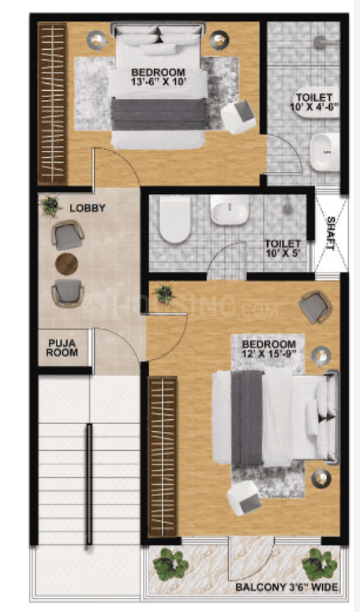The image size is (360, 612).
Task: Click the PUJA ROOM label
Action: (62, 347)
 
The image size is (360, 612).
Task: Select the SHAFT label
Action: (330, 232)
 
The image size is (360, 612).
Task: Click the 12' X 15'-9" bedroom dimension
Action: (269, 355)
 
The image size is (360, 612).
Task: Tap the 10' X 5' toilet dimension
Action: (283, 253)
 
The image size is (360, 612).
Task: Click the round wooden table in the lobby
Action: (67, 264)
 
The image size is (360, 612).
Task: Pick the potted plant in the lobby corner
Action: (50, 205)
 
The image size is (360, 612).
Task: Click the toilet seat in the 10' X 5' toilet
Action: (175, 218)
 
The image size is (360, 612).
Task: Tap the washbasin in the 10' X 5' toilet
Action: (230, 209)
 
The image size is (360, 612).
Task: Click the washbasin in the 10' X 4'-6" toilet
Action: (324, 151)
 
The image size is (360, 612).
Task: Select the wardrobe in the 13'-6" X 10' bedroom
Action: (53, 103)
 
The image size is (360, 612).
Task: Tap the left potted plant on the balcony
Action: (170, 563)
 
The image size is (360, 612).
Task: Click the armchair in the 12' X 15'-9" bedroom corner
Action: (315, 306)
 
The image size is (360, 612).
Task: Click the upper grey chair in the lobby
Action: (67, 235)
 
